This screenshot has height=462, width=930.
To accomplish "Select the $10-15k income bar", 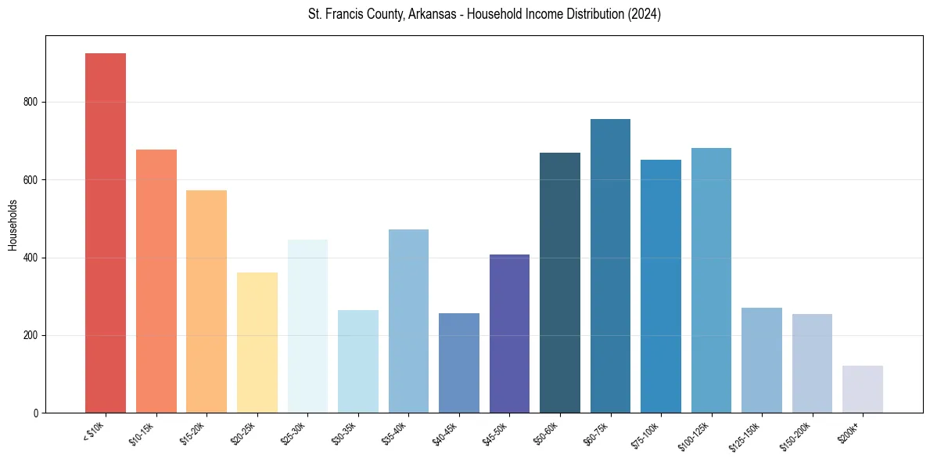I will (156, 281).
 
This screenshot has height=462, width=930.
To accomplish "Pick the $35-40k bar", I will (408, 321).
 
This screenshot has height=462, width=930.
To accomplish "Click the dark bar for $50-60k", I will (560, 283).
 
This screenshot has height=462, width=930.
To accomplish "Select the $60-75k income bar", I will (610, 265).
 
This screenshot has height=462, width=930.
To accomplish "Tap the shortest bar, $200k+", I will (862, 389).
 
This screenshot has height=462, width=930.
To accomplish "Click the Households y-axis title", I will (13, 224).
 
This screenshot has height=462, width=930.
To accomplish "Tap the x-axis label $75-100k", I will (646, 435).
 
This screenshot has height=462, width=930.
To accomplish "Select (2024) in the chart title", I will (642, 14).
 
